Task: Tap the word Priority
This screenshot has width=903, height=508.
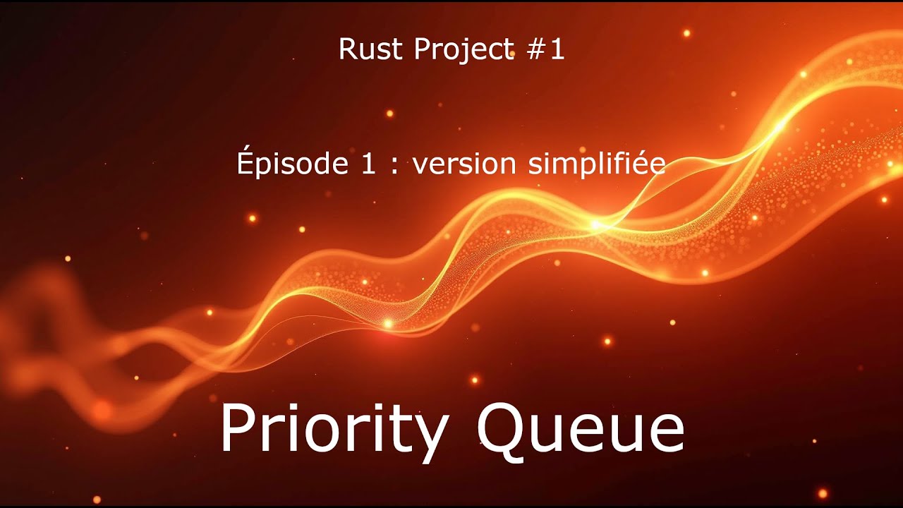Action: [333, 430]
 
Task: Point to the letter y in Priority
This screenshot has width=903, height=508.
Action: [429, 437]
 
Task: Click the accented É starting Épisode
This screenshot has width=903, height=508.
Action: [245, 162]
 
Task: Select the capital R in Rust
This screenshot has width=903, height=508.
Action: [347, 49]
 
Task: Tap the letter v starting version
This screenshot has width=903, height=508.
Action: [419, 167]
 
